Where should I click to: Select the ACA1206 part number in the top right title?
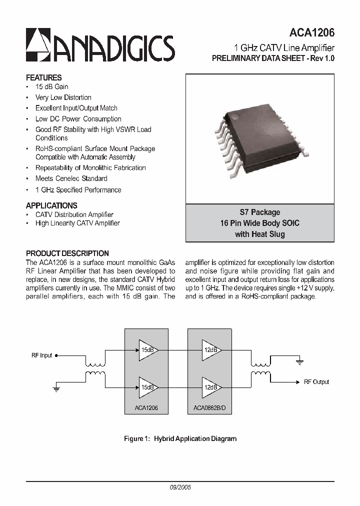pos(311,33)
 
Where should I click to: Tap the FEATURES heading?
pos(43,77)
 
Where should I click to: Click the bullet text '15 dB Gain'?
pos(51,87)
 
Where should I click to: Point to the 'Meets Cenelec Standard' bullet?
pos(71,178)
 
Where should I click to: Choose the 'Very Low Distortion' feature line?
pos(63,97)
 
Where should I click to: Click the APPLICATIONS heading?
pos(51,205)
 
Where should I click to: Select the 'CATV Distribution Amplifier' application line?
pos(74,214)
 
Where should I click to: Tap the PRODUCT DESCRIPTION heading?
pos(67,253)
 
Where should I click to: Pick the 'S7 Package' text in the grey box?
pos(259,212)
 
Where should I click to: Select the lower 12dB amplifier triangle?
pos(210,387)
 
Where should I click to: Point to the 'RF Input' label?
pos(41,355)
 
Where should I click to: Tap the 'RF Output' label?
pos(316,382)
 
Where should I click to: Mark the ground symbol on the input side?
pos(56,388)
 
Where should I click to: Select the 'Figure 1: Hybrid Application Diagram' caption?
pos(180,439)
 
